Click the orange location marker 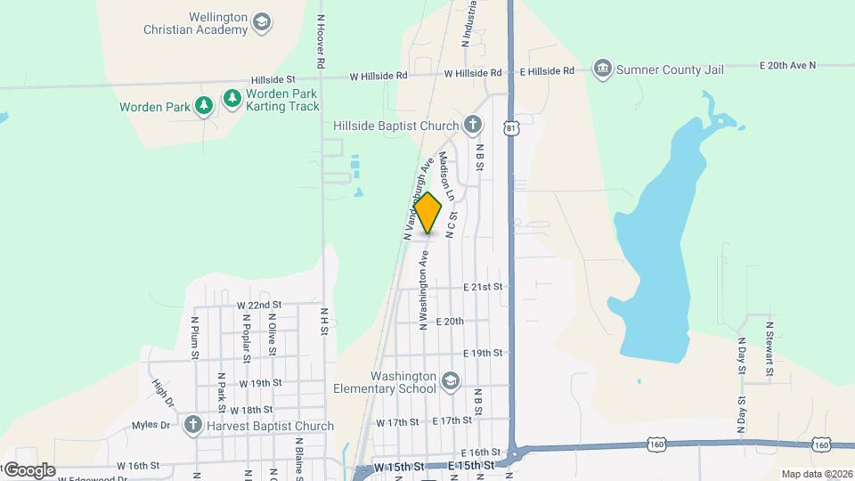(428, 212)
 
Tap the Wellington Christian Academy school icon (262, 22)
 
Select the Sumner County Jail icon (603, 69)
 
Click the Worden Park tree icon (204, 107)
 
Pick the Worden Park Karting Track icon (232, 97)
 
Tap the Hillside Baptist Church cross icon (472, 126)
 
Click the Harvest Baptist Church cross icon (191, 425)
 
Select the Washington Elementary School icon (451, 381)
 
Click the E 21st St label (483, 287)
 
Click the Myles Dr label (151, 425)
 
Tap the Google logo (28, 470)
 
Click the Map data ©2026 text (816, 474)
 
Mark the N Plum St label (194, 336)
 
